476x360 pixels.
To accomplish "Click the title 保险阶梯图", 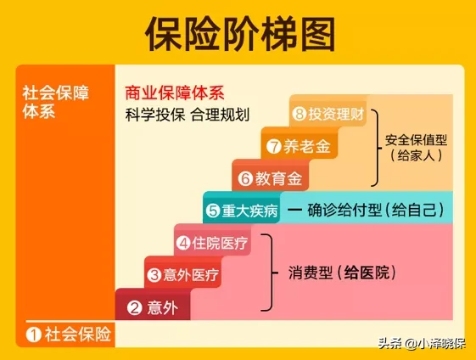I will [x=239, y=34].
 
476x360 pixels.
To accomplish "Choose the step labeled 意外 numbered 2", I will [x=154, y=308].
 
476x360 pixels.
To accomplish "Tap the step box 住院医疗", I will [x=212, y=244].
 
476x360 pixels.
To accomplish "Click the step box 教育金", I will [x=271, y=178].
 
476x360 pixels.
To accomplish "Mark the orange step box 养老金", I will [x=298, y=146].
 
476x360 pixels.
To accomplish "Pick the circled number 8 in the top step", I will [x=299, y=114].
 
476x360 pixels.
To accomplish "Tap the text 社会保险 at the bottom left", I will [x=78, y=334].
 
